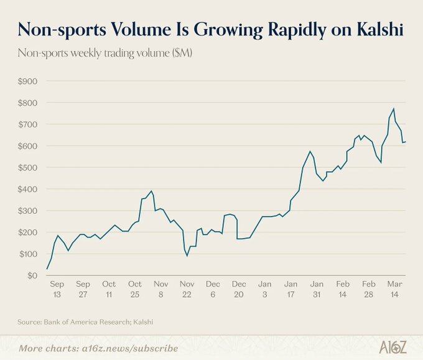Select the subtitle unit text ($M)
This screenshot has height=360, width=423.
click(x=182, y=53)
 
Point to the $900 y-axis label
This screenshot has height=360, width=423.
click(x=27, y=81)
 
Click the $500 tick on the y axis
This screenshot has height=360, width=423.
click(x=27, y=168)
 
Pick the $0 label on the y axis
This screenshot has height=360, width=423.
click(x=31, y=275)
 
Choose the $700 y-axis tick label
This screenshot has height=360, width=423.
click(x=27, y=124)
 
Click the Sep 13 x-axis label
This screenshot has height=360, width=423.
click(x=57, y=289)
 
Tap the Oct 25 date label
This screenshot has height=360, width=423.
click(x=135, y=289)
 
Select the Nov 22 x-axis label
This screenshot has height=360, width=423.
click(x=187, y=289)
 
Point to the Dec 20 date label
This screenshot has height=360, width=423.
click(x=239, y=289)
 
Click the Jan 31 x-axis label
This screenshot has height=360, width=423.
click(x=317, y=289)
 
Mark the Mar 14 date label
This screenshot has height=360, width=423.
click(x=395, y=289)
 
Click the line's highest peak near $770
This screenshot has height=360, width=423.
click(x=393, y=109)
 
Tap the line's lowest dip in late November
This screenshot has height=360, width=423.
click(x=187, y=256)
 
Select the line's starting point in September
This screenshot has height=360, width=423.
click(x=47, y=269)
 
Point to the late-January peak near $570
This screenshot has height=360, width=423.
click(x=310, y=151)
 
